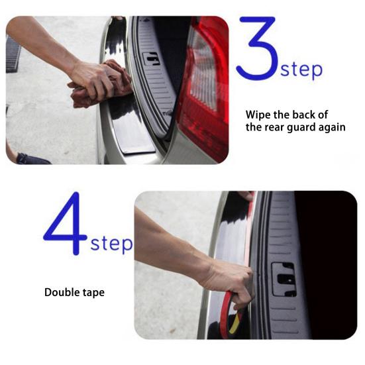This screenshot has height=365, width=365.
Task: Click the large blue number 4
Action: click(x=68, y=223)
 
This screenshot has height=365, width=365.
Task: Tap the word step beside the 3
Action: click(x=301, y=70)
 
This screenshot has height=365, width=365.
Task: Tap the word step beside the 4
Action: click(x=111, y=244)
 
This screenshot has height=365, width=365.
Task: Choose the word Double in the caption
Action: click(x=61, y=292)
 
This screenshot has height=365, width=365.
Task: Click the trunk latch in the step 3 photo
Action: click(x=151, y=59)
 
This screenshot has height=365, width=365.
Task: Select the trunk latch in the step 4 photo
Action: click(x=284, y=280)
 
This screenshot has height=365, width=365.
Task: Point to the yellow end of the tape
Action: click(x=235, y=323)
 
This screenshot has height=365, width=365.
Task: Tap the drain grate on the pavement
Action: click(x=12, y=55)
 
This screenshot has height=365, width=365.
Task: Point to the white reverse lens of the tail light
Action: click(x=203, y=70)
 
